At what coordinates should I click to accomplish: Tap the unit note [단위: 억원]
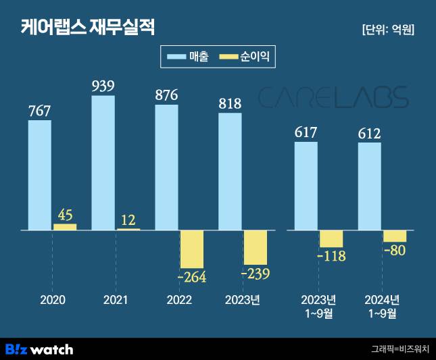pos(388,30)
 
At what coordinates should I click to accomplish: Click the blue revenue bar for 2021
pos(103,163)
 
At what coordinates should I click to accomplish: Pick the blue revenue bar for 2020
pos(40,175)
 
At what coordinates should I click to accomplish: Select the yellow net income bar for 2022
pos(191,249)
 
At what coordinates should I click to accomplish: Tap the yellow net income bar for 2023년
pos(256,247)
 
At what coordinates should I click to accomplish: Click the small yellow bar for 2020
pos(65,227)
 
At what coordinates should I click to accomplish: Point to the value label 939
pos(103,86)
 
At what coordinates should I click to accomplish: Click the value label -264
pos(191,277)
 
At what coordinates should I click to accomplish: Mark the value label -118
pos(331,256)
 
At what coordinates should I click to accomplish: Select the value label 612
pos(369,132)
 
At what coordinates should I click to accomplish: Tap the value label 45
pos(66,215)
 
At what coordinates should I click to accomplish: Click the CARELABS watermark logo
pos(334,97)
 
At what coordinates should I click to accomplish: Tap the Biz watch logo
pos(39,349)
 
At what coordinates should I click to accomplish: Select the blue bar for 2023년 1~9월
pos(306,186)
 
